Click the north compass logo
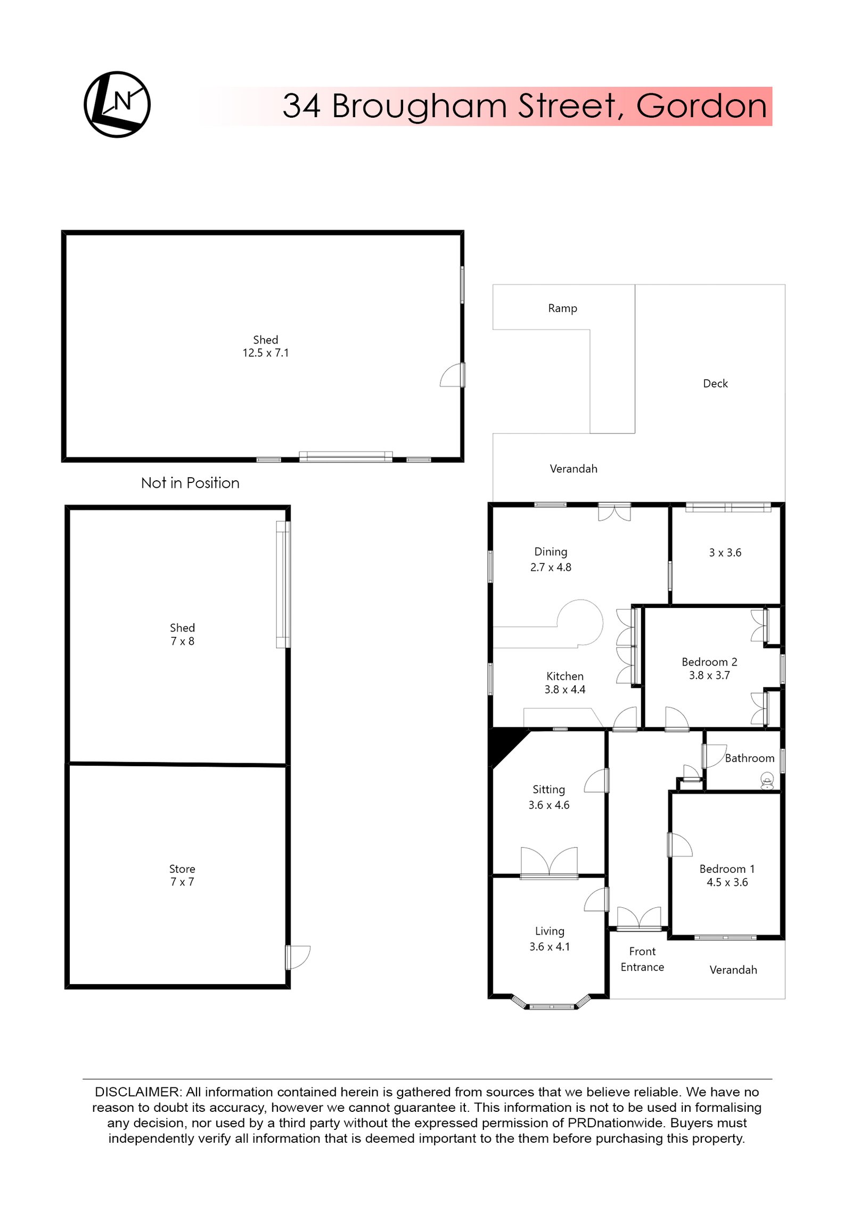click(x=117, y=104)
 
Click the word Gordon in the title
click(x=701, y=106)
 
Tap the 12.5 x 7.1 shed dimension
click(x=266, y=353)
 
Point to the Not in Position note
click(x=190, y=483)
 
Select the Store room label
click(x=182, y=868)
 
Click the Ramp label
click(x=562, y=308)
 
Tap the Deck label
click(x=715, y=383)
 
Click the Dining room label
click(x=551, y=552)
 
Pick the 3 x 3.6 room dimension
click(x=725, y=553)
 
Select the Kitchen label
click(x=564, y=676)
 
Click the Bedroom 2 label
click(x=709, y=662)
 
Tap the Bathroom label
click(x=749, y=758)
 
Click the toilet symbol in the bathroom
click(x=767, y=782)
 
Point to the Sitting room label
click(x=548, y=790)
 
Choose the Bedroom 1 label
click(x=727, y=868)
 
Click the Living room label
click(x=550, y=931)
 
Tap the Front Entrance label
click(x=642, y=959)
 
